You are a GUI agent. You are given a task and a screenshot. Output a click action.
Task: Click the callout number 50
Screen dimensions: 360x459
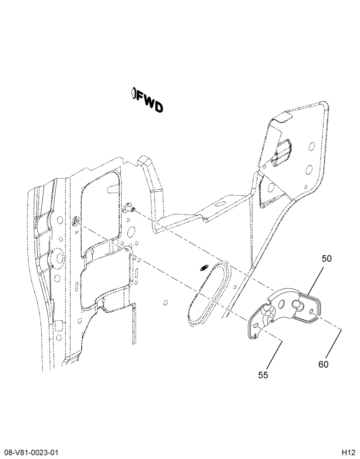click(x=326, y=259)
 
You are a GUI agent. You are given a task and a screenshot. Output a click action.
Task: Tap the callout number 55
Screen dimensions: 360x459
click(x=263, y=375)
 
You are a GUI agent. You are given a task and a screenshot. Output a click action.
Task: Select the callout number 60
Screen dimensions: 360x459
click(x=323, y=364)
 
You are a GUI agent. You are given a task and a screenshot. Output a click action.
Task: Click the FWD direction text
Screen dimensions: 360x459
click(x=149, y=102)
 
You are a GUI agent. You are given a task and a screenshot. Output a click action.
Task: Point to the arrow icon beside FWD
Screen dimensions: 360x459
click(x=133, y=93)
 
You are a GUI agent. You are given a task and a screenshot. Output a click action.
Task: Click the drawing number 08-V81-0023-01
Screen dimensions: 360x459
click(x=29, y=452)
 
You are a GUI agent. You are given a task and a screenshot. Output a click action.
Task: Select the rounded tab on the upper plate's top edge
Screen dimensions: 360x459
click(x=282, y=118)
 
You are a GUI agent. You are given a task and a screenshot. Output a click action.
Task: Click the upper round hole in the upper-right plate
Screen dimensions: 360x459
click(x=312, y=146)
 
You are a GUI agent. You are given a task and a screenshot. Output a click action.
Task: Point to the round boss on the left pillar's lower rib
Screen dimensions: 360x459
click(x=58, y=258)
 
